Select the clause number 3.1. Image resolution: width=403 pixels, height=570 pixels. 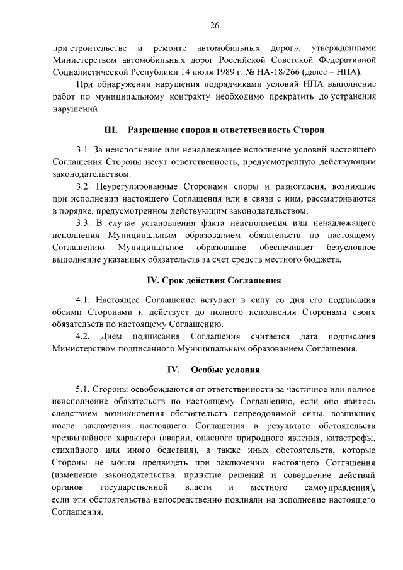click(83, 150)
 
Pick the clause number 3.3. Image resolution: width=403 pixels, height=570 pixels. click(83, 223)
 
